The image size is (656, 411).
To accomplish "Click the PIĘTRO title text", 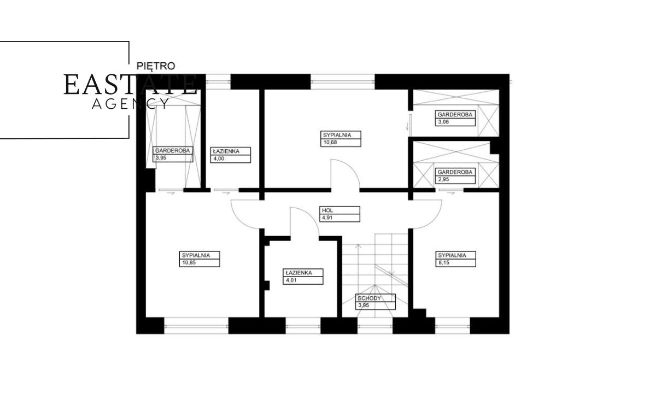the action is point(156,66).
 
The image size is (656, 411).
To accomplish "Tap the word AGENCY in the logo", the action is point(131,104).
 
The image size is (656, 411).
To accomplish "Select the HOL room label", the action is point(327,210).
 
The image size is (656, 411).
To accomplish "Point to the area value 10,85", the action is point(189,262).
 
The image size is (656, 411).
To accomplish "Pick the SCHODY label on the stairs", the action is point(370,298).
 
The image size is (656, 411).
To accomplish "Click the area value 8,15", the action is point(443,262).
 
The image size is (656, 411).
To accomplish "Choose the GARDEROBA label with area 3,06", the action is point(455,114).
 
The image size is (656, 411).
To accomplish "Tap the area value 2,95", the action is point(443,179).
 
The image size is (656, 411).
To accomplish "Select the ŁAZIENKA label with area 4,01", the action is point(298,273).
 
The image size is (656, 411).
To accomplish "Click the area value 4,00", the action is point(219,159).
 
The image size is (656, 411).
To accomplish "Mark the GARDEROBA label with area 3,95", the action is point(173,150).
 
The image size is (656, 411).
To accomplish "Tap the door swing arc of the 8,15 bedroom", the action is point(433,220).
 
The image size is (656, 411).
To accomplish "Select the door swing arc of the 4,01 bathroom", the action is point(311,216).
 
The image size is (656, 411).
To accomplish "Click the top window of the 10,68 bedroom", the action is point(343,81).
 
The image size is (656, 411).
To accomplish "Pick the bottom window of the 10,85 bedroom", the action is point(196,326).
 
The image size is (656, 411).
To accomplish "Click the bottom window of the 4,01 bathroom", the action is point(303,326).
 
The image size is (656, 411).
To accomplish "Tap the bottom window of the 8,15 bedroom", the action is point(453,326).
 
